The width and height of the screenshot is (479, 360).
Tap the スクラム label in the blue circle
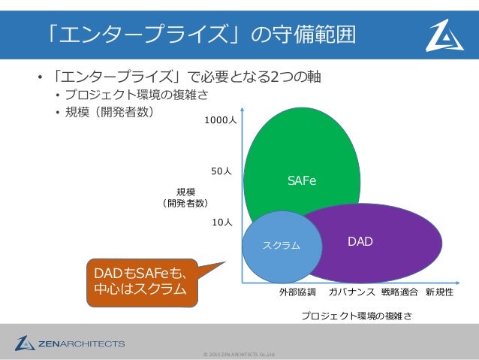tap(281, 245)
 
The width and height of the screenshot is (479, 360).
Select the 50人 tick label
tap(221, 171)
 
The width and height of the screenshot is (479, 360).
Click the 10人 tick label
tap(221, 222)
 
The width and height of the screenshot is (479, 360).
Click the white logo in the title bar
tap(444, 35)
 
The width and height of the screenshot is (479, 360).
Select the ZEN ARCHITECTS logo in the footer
tap(69, 343)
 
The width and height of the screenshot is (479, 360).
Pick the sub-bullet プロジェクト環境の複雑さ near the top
tap(135, 95)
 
